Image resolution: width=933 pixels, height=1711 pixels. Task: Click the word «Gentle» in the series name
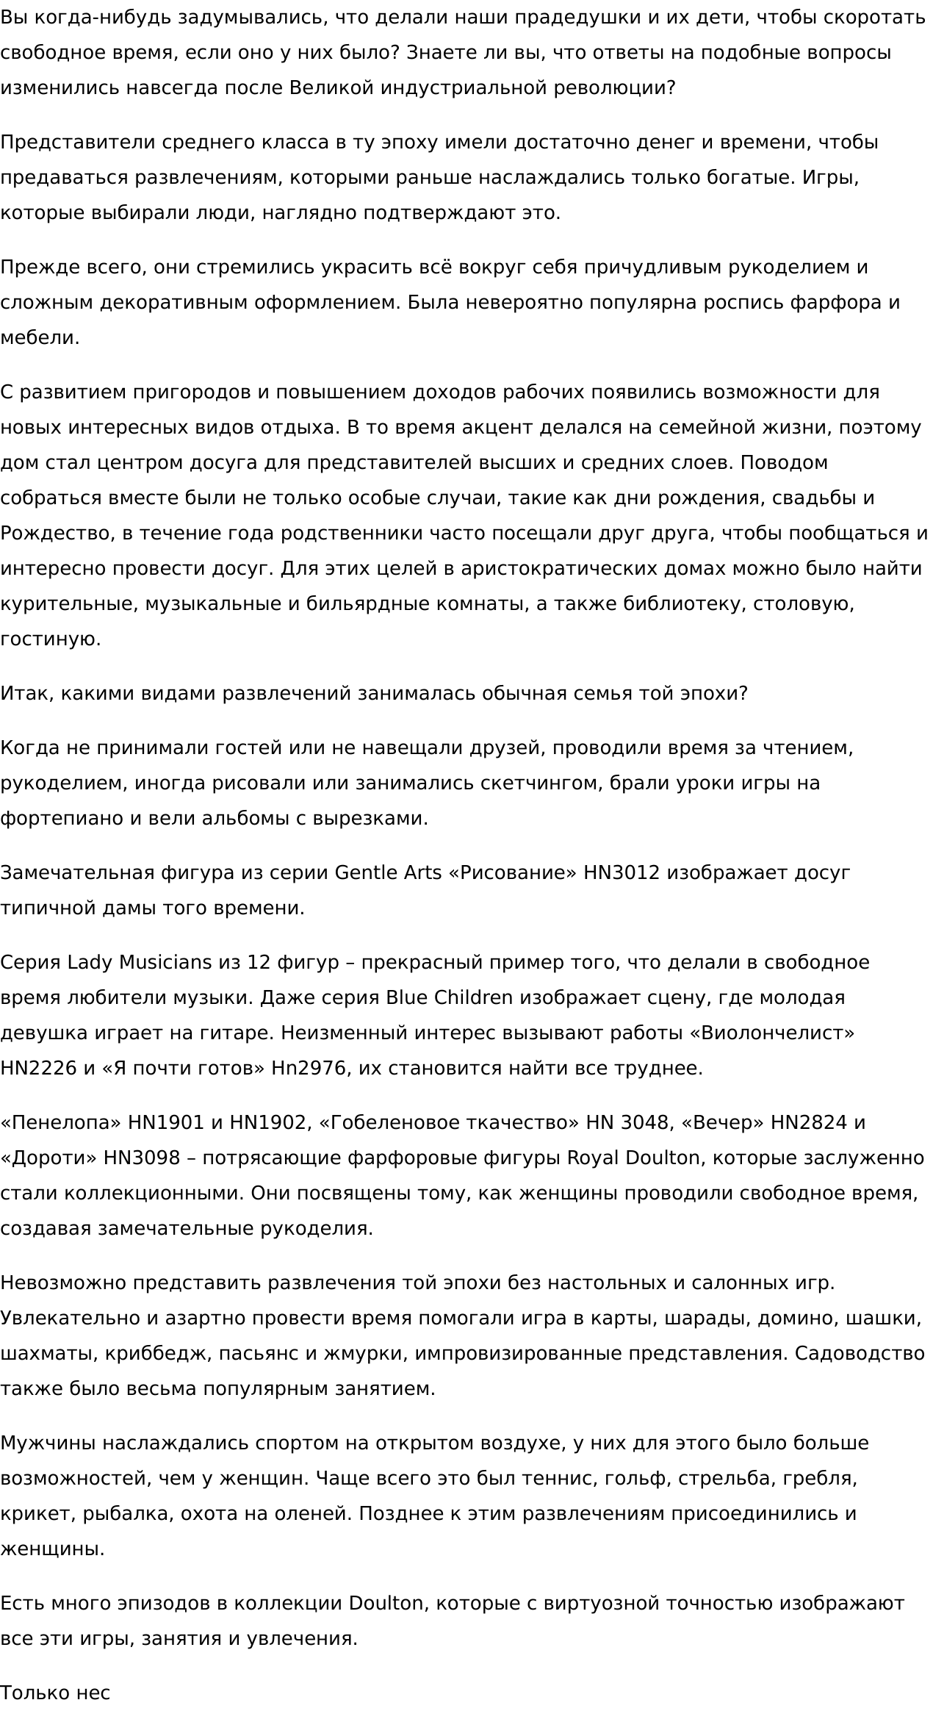click(366, 872)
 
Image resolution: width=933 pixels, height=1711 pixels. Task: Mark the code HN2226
click(38, 1068)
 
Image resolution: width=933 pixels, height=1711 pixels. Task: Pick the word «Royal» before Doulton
click(593, 1158)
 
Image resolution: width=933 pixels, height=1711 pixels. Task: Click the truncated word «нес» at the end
click(93, 1693)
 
